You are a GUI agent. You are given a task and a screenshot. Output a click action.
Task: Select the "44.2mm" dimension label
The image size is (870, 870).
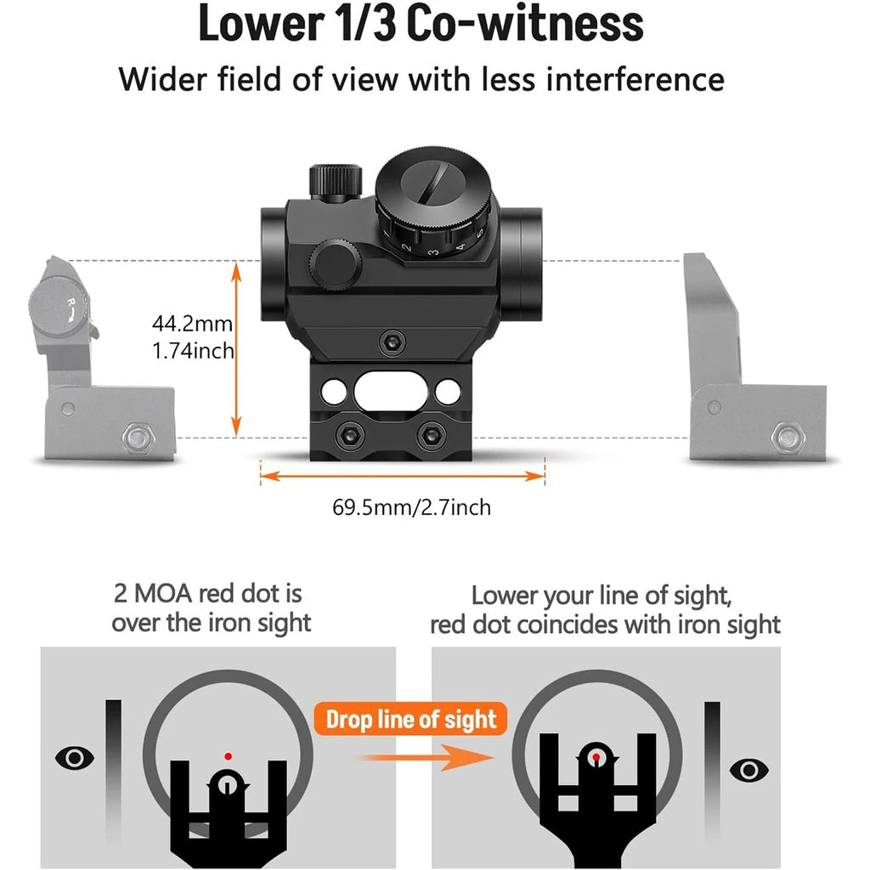pyautogui.click(x=192, y=324)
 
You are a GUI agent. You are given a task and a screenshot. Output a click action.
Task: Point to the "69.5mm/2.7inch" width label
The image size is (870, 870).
pyautogui.click(x=411, y=508)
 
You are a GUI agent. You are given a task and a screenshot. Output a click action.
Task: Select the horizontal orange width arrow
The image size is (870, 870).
pyautogui.click(x=402, y=476)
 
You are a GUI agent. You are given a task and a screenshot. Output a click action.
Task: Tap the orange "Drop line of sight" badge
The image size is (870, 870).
pyautogui.click(x=412, y=720)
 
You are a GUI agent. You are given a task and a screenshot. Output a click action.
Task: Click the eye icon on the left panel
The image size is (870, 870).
pyautogui.click(x=74, y=757)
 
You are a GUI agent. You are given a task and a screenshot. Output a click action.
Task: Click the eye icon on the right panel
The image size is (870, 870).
pyautogui.click(x=749, y=770)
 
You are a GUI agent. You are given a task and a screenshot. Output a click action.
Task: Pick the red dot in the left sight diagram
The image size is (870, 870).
pyautogui.click(x=227, y=754)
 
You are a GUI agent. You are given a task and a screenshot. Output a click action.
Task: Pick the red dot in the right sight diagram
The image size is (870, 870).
pyautogui.click(x=596, y=755)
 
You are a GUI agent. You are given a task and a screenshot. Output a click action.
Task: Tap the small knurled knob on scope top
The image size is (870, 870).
pyautogui.click(x=335, y=180)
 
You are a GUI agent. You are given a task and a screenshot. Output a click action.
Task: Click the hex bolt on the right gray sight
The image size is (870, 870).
pyautogui.click(x=788, y=438)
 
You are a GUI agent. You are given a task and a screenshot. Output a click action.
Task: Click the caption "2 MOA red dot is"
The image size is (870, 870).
pyautogui.click(x=207, y=593)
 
